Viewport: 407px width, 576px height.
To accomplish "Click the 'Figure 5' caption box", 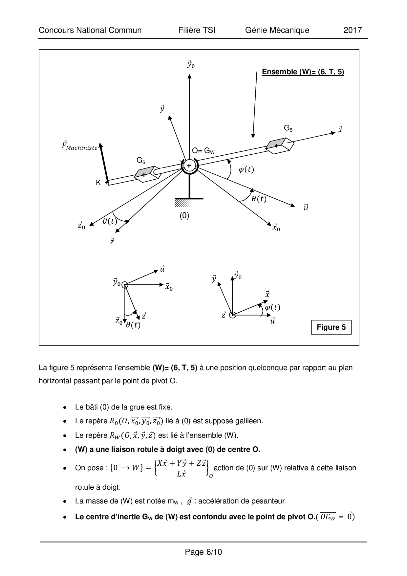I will click(331, 327).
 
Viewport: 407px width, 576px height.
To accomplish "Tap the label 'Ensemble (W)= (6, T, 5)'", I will click(303, 72).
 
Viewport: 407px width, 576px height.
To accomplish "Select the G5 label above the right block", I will click(288, 128).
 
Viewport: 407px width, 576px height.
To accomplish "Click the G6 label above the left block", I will click(141, 160).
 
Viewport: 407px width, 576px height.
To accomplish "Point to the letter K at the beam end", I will click(98, 183).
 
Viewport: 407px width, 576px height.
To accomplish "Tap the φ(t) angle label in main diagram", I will click(246, 169).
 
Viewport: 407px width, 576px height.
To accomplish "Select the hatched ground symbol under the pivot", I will click(189, 203).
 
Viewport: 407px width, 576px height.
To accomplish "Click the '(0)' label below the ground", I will click(184, 215).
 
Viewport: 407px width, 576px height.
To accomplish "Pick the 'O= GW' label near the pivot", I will click(203, 151).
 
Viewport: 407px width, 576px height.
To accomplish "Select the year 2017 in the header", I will click(353, 30).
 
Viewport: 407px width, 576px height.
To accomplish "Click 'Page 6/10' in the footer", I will click(203, 552).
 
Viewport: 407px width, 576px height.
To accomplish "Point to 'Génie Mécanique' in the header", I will click(277, 30).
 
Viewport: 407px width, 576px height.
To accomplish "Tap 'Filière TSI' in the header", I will click(197, 30).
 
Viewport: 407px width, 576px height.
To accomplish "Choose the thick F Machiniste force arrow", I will click(103, 163).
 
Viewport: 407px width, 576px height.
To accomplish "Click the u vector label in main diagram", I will click(306, 208).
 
